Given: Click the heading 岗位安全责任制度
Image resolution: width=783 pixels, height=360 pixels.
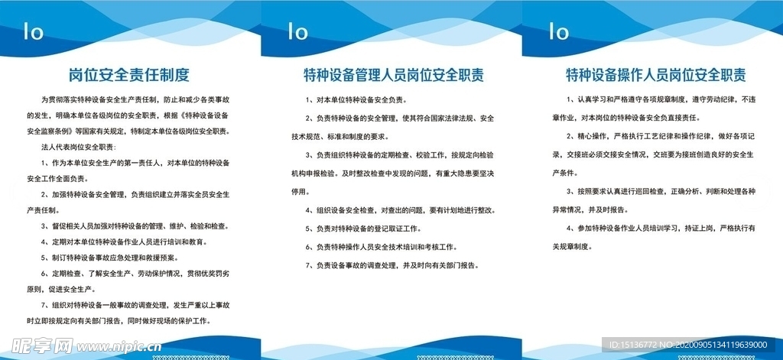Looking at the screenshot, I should pyautogui.click(x=128, y=75).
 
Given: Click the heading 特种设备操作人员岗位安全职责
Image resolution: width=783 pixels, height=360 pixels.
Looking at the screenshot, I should pyautogui.click(x=655, y=75).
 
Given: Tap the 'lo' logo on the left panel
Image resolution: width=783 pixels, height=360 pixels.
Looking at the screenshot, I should pyautogui.click(x=34, y=32).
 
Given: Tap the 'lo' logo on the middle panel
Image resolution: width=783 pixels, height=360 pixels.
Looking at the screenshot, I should pyautogui.click(x=297, y=32).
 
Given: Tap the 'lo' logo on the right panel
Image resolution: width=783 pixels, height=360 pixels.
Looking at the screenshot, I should pyautogui.click(x=559, y=32).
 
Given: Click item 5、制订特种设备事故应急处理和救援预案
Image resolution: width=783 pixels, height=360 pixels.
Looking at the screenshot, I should pyautogui.click(x=120, y=257).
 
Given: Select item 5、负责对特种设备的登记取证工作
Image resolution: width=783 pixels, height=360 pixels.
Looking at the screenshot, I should pyautogui.click(x=364, y=229).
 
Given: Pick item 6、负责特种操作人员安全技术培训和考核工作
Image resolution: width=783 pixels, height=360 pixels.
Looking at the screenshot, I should pyautogui.click(x=379, y=247).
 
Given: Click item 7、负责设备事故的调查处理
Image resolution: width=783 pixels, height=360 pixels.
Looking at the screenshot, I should pyautogui.click(x=391, y=265).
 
